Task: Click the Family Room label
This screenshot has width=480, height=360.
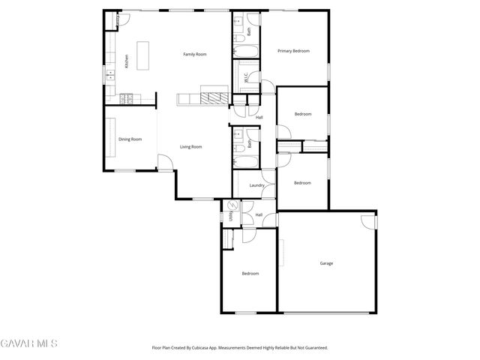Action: tap(195, 55)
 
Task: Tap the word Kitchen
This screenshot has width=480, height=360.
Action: tap(127, 61)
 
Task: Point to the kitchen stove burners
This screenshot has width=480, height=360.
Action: tap(126, 97)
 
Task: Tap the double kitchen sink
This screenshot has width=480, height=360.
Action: tap(109, 73)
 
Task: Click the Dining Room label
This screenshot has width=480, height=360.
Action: tap(130, 139)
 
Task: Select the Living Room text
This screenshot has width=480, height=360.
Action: tap(190, 147)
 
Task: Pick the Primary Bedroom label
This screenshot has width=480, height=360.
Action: tap(293, 51)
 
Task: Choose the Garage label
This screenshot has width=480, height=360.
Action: tap(326, 263)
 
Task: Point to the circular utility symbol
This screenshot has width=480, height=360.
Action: tap(231, 205)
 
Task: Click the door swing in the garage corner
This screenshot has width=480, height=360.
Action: tap(367, 221)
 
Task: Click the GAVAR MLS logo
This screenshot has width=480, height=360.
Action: tap(28, 343)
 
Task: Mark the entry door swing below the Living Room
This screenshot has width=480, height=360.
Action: tap(165, 161)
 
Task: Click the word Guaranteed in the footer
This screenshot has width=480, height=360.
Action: tap(315, 348)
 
